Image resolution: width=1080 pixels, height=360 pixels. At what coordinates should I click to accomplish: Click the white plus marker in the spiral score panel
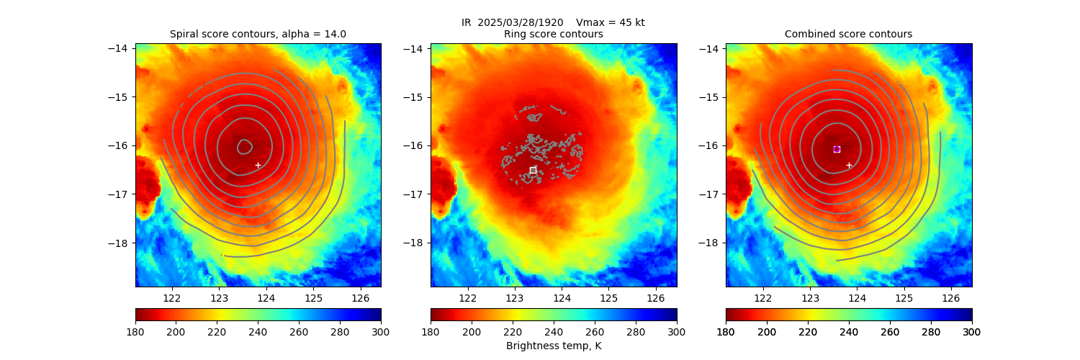pyautogui.click(x=258, y=165)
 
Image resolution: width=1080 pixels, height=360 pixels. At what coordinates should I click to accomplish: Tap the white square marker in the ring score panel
pyautogui.click(x=533, y=170)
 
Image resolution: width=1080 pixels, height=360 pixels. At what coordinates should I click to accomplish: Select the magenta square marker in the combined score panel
pyautogui.click(x=837, y=149)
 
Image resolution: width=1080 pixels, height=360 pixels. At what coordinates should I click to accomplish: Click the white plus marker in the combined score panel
pyautogui.click(x=849, y=165)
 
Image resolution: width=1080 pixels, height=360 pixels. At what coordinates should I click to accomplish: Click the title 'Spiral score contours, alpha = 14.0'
pyautogui.click(x=258, y=34)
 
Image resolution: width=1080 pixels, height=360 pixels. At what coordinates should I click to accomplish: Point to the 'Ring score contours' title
pyautogui.click(x=553, y=34)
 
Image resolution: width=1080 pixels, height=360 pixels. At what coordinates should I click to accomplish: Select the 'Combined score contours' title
pyautogui.click(x=848, y=34)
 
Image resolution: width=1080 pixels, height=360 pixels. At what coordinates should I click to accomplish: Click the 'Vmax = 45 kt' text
pyautogui.click(x=611, y=22)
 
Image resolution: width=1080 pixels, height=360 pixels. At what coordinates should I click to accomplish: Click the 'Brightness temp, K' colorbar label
pyautogui.click(x=553, y=346)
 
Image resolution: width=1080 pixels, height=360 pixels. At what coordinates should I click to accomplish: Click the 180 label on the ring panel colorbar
pyautogui.click(x=431, y=331)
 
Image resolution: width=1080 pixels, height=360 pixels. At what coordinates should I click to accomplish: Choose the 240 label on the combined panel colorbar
pyautogui.click(x=849, y=331)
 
